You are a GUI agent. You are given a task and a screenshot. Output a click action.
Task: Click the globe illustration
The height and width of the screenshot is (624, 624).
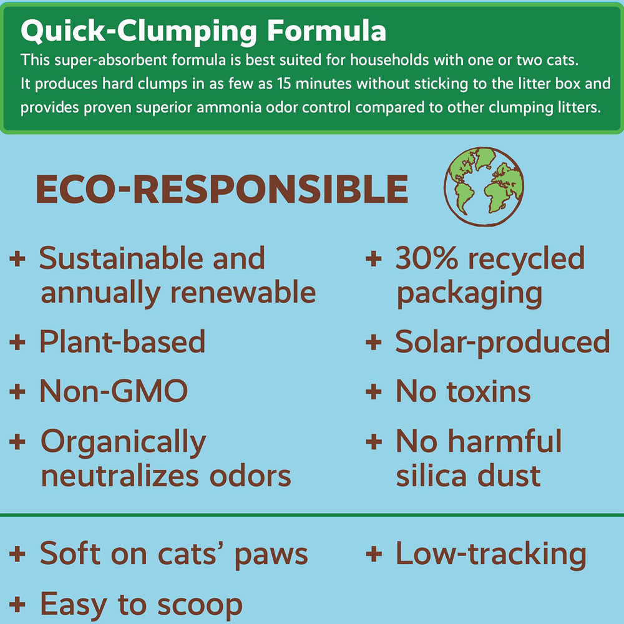(x=483, y=186)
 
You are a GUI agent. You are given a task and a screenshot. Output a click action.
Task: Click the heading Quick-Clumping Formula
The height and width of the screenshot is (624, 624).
(x=203, y=31)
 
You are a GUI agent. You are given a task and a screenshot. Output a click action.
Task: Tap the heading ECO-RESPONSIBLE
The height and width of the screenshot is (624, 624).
(x=222, y=190)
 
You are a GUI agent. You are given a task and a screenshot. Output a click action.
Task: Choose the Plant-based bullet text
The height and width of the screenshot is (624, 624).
(x=122, y=341)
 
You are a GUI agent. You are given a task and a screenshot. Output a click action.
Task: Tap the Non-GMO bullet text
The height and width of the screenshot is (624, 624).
(x=114, y=391)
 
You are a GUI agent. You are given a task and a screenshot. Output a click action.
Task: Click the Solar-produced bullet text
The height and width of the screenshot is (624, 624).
(x=502, y=341)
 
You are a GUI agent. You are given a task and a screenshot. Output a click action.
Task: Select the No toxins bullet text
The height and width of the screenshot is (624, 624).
(x=463, y=391)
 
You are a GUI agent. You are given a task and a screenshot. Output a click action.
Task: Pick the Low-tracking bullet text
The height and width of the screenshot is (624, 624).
(x=490, y=553)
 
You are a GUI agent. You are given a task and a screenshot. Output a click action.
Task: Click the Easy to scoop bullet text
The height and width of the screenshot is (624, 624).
(x=141, y=603)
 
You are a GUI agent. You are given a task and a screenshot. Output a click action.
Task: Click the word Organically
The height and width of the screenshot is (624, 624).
(x=123, y=442)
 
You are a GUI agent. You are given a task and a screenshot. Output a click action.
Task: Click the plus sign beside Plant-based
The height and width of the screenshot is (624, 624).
(x=17, y=342)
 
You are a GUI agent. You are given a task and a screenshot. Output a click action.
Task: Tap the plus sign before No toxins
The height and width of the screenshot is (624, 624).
(x=373, y=392)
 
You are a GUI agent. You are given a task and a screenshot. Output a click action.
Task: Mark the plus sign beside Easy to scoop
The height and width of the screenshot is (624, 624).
(x=17, y=604)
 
